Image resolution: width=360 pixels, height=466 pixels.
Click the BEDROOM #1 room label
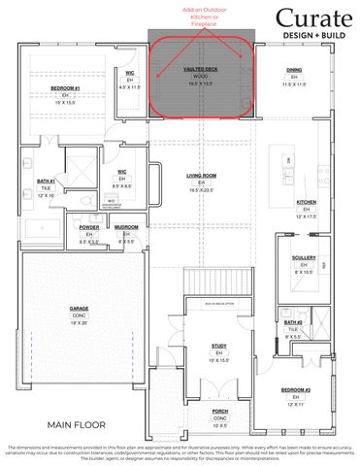click(x=66, y=89)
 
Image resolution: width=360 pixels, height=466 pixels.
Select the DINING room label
click(x=293, y=70)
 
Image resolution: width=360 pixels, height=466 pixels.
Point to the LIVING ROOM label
click(x=201, y=176)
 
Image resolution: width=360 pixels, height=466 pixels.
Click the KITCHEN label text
click(x=307, y=202)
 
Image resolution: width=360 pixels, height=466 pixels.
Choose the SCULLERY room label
click(x=303, y=257)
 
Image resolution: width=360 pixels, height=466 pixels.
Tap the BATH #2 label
click(x=292, y=321)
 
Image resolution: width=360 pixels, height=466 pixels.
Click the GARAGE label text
click(x=79, y=309)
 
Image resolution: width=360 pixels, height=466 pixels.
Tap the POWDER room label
click(x=89, y=227)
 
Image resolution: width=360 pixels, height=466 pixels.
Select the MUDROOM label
click(x=126, y=227)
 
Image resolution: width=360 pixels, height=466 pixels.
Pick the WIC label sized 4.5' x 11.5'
click(x=129, y=73)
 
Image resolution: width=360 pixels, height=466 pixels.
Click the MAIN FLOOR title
click(x=81, y=424)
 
